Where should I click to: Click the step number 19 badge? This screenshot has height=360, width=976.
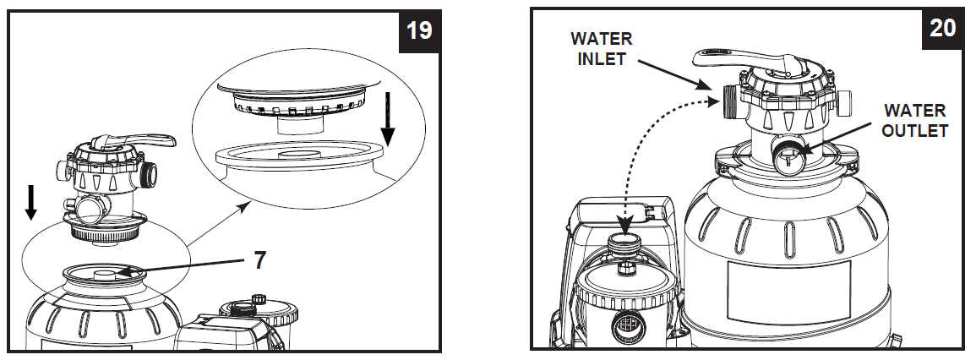click(418, 30)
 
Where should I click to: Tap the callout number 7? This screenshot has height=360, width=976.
click(259, 259)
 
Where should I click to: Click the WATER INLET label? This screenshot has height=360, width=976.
click(601, 48)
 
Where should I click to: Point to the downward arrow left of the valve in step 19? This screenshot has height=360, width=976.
click(30, 203)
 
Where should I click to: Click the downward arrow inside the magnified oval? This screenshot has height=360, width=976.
click(387, 122)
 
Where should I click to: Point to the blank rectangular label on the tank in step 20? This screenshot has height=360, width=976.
click(788, 288)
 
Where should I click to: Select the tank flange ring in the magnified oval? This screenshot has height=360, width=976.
click(295, 159)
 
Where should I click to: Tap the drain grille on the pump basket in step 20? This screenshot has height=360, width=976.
click(626, 324)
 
